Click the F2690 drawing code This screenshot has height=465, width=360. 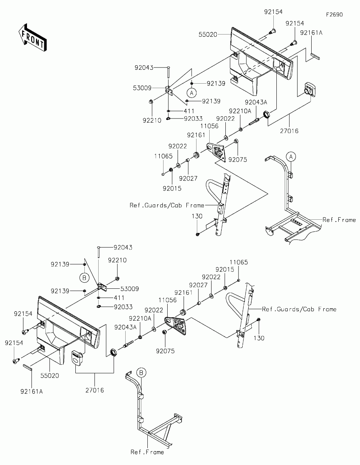(334, 15)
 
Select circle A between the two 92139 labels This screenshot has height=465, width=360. (192, 92)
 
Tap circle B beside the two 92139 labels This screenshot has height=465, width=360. (84, 278)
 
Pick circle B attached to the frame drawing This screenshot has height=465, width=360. (141, 372)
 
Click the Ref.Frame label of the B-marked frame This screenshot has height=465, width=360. (147, 452)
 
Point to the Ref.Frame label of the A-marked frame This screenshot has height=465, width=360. (339, 220)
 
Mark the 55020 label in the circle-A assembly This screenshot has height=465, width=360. (208, 34)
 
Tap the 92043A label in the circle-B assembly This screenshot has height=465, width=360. (126, 327)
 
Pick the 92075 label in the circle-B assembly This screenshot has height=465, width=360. (165, 351)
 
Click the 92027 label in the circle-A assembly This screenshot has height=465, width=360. (188, 178)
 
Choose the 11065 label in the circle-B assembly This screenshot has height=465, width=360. (239, 262)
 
